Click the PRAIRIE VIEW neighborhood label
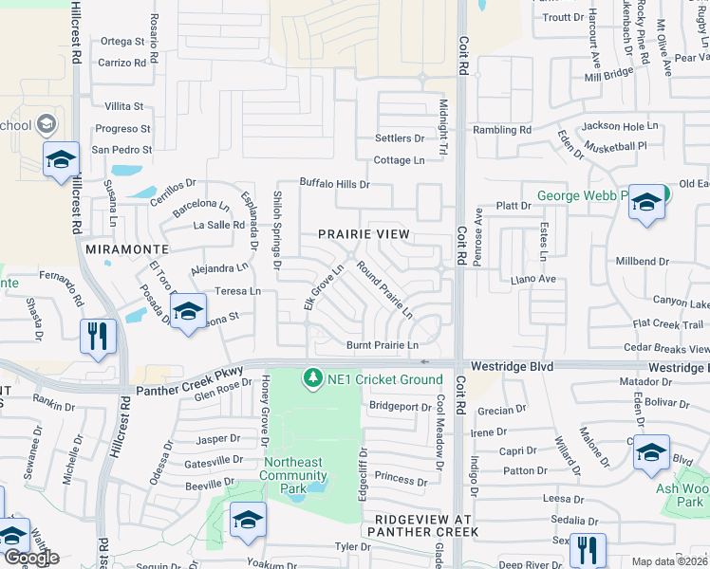[364, 234]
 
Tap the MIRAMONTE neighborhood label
[127, 248]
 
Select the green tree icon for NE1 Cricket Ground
[312, 379]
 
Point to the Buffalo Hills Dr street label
[334, 183]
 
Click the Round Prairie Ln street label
[384, 288]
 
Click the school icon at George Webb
[646, 203]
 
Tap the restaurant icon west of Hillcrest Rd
[99, 337]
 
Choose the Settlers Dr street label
[399, 138]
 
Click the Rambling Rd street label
[504, 130]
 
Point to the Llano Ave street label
[532, 280]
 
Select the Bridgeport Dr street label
[400, 406]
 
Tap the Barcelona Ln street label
[198, 204]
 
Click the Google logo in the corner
[30, 558]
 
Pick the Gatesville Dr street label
[214, 461]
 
